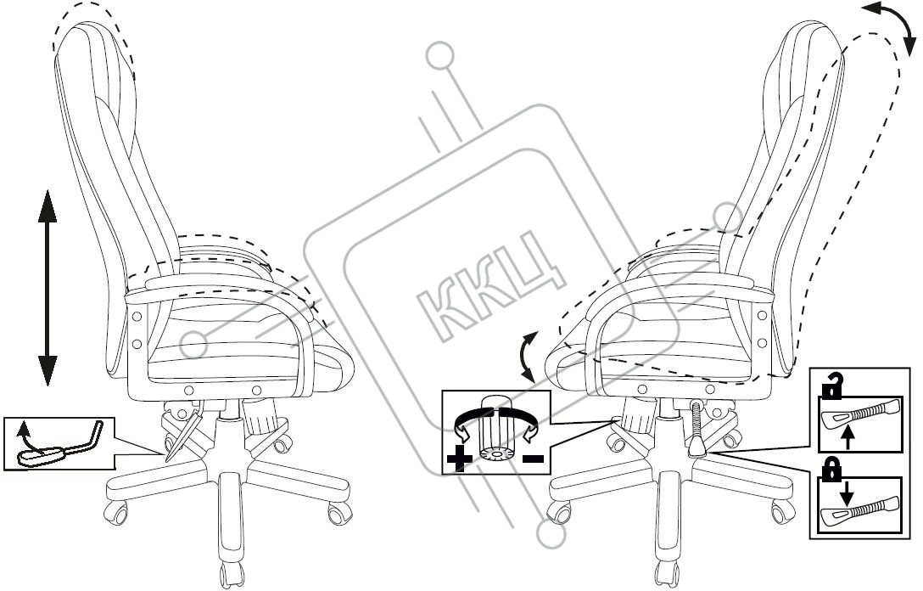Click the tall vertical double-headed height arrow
coord(48,288)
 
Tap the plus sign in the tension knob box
coord(459,459)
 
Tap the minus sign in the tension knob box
coord(532,458)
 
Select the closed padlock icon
coord(831,469)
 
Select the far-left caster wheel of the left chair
coord(116,511)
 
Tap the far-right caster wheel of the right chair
coord(783,511)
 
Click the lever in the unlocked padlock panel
coord(860,413)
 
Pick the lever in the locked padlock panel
coord(860,509)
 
